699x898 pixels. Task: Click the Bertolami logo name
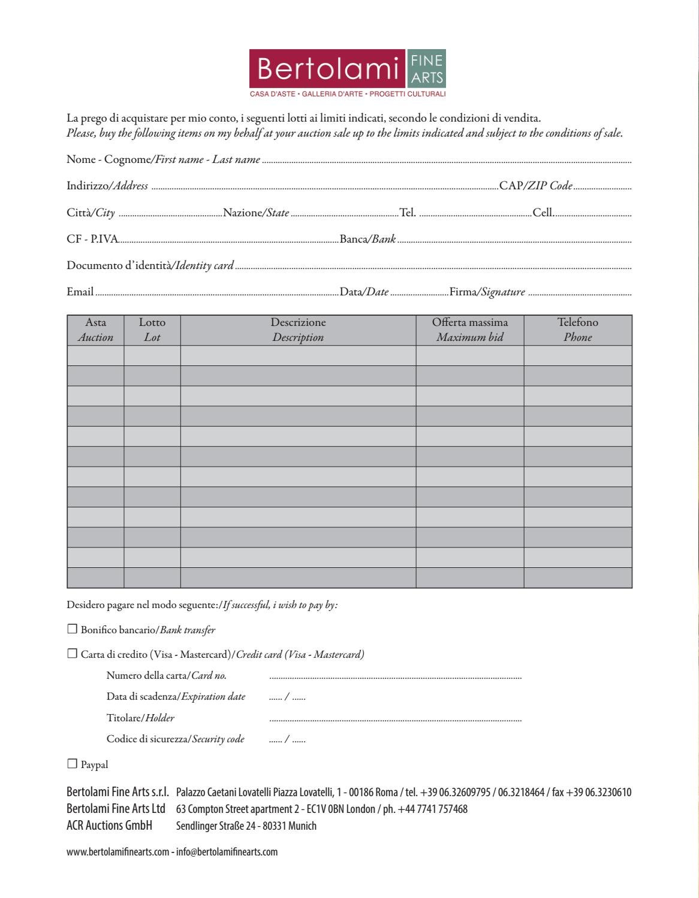pyautogui.click(x=328, y=69)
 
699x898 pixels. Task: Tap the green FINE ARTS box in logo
pyautogui.click(x=426, y=69)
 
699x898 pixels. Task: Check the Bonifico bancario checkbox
pyautogui.click(x=73, y=629)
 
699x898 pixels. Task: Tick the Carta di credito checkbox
pyautogui.click(x=73, y=654)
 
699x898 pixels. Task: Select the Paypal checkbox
pyautogui.click(x=73, y=764)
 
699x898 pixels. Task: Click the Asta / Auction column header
pyautogui.click(x=95, y=330)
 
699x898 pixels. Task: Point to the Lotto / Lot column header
pyautogui.click(x=152, y=330)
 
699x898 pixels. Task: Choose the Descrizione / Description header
pyautogui.click(x=298, y=330)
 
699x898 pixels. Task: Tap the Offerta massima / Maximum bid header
pyautogui.click(x=470, y=330)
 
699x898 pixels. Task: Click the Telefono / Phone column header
pyautogui.click(x=578, y=330)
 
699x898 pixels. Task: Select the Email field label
pyautogui.click(x=80, y=292)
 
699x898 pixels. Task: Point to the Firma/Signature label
pyautogui.click(x=487, y=292)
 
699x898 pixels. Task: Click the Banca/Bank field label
pyautogui.click(x=367, y=239)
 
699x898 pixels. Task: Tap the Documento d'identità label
pyautogui.click(x=150, y=265)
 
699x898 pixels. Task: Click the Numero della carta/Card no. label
pyautogui.click(x=166, y=676)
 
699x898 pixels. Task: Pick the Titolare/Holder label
pyautogui.click(x=140, y=718)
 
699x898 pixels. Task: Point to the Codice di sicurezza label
pyautogui.click(x=175, y=739)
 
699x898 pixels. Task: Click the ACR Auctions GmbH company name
pyautogui.click(x=109, y=826)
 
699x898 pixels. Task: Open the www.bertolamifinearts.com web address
pyautogui.click(x=117, y=852)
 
